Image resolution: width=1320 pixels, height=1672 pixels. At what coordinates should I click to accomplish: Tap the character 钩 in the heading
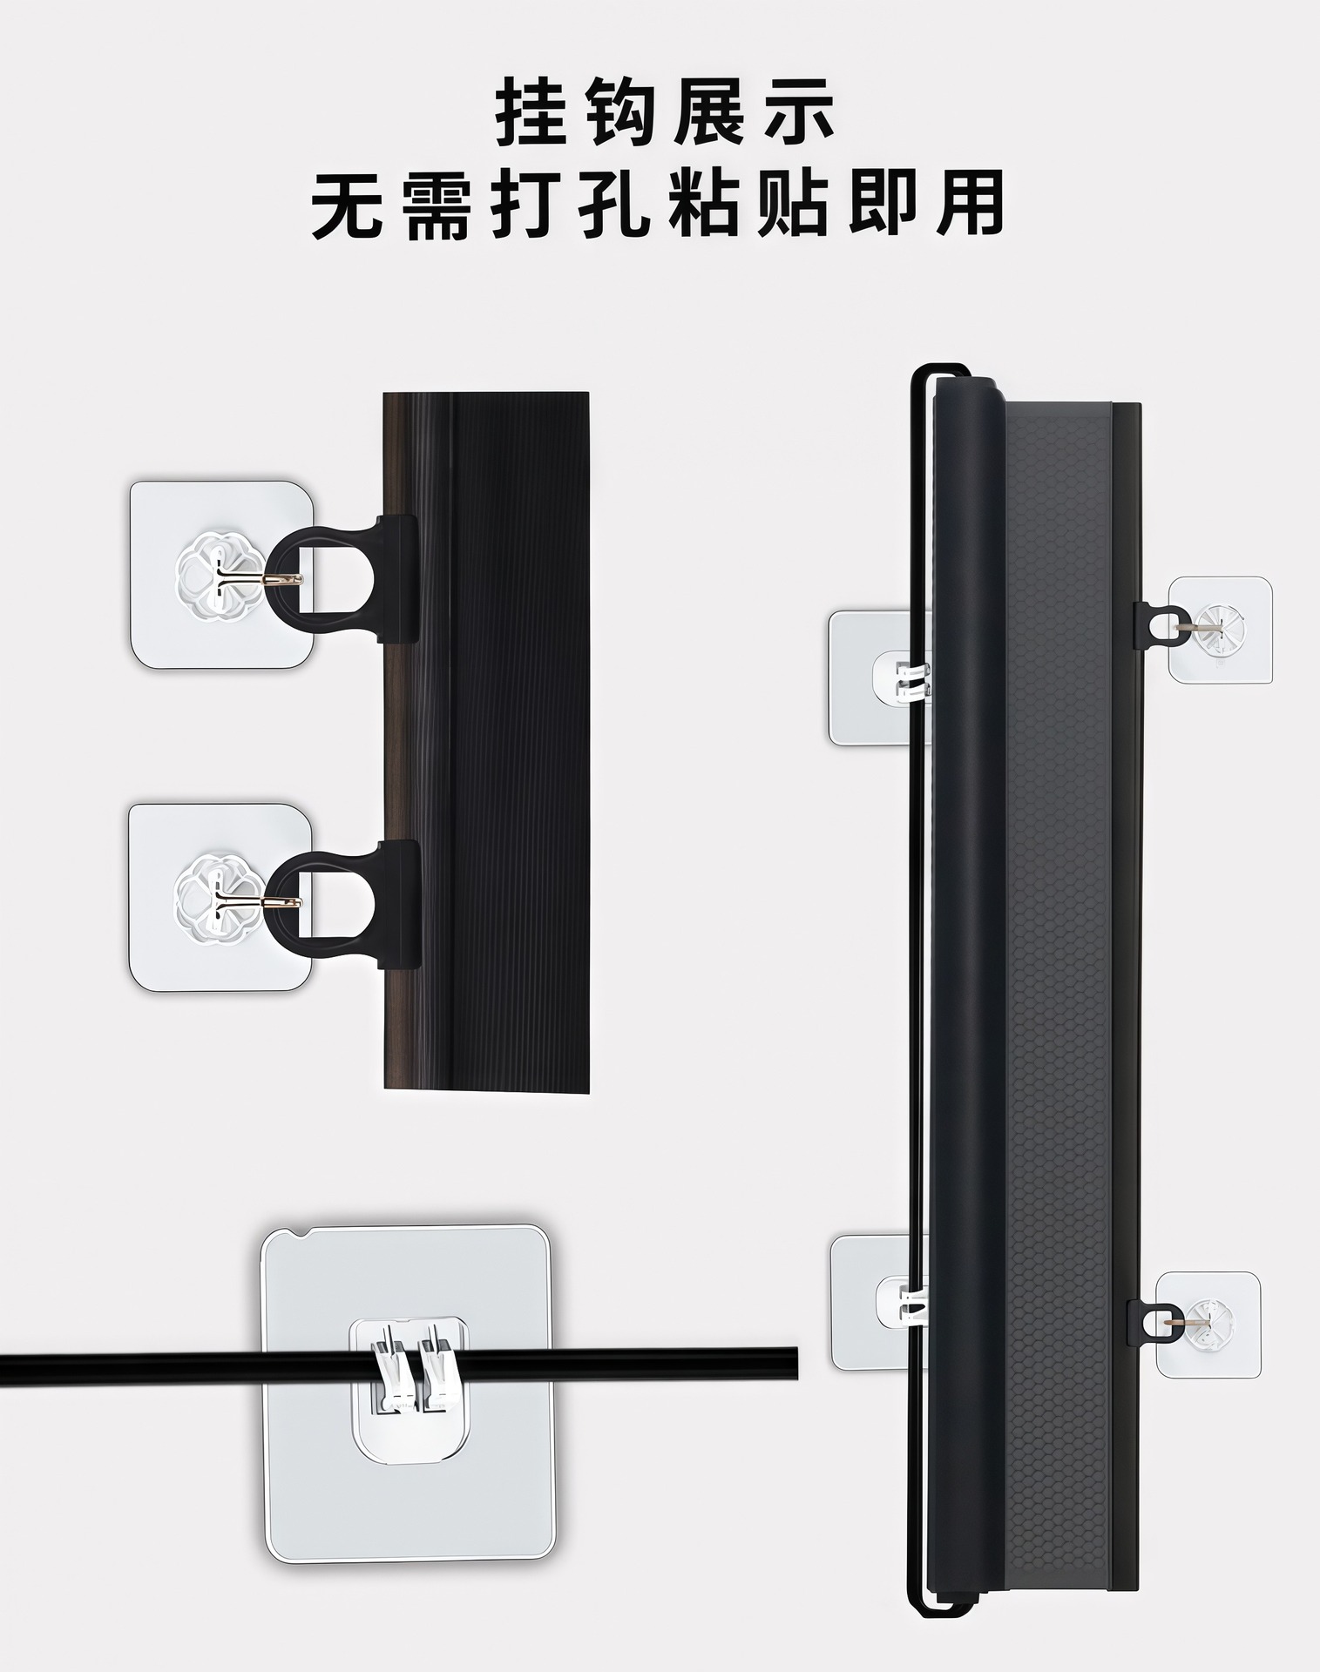point(619,112)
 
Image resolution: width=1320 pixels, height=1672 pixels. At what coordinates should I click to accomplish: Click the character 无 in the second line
point(345,206)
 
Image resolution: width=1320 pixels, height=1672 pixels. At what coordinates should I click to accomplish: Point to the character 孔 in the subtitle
point(614,206)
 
